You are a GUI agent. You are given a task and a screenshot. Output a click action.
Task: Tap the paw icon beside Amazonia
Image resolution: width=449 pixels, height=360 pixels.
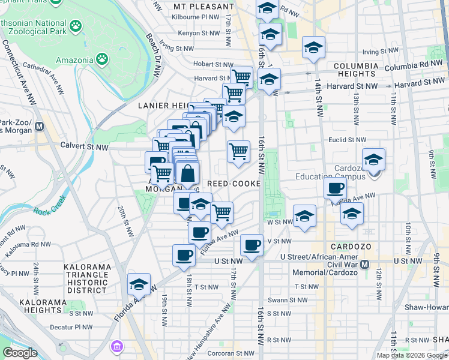tap(103, 59)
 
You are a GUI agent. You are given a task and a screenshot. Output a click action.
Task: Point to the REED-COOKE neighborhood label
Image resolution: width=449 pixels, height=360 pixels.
tap(234, 183)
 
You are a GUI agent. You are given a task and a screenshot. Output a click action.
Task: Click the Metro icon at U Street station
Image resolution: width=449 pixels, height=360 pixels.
tap(365, 263)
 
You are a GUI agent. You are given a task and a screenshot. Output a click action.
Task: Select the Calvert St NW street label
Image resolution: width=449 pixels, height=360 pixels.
tap(84, 146)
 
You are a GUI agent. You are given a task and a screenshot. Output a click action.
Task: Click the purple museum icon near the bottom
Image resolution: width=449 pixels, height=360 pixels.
tap(116, 347)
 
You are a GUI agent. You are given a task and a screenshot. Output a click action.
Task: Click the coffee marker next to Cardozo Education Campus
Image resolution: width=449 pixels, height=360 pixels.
tap(335, 188)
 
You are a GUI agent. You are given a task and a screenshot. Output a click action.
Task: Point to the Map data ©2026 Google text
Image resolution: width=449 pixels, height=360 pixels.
tap(412, 355)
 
